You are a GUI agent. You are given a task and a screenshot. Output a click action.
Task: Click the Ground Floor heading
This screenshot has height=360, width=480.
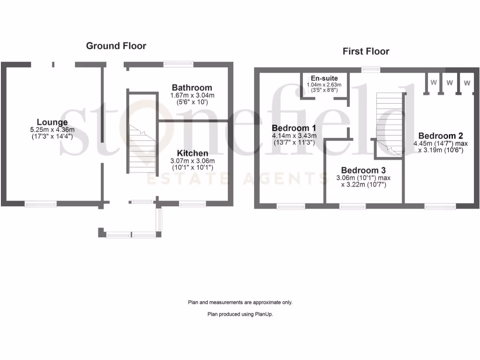point(116,46)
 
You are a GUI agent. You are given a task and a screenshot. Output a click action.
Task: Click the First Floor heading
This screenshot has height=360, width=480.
point(366,51)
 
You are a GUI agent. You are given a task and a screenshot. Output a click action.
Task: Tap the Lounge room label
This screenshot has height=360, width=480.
point(52,122)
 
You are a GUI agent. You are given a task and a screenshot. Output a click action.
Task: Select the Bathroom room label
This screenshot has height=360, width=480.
point(192,88)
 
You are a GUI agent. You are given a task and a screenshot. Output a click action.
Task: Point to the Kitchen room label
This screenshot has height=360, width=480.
point(192,153)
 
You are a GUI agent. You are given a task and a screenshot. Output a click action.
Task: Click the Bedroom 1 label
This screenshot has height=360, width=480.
point(294,128)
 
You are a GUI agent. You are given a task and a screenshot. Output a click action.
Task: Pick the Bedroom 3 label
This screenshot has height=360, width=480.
point(363,170)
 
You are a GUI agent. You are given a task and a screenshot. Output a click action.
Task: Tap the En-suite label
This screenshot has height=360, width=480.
point(324,78)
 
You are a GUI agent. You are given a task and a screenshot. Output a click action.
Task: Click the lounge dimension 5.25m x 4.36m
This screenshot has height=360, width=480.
point(52,130)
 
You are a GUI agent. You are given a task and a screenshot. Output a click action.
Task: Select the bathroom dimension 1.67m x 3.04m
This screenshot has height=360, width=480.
point(192,95)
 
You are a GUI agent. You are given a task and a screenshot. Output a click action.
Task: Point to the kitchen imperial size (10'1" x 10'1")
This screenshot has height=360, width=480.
point(192,167)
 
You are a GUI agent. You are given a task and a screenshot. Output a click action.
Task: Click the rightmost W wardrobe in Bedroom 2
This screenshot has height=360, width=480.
point(467,83)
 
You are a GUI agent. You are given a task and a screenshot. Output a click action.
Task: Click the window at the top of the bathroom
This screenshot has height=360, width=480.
point(178,64)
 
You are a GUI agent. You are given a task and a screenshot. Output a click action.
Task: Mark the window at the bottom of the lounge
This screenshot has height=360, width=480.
point(40,203)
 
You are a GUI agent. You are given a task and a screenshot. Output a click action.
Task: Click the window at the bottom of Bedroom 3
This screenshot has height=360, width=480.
point(352,206)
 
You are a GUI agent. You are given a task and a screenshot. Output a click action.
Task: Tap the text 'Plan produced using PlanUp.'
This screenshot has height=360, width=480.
point(240,315)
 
